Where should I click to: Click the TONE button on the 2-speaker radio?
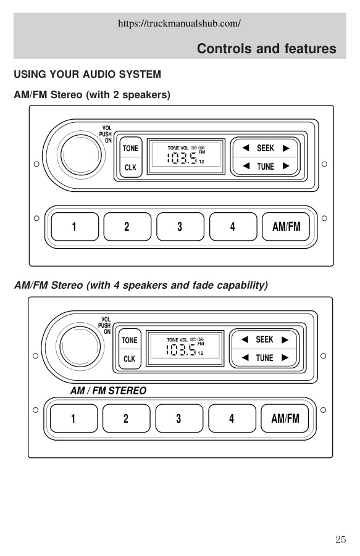(130, 148)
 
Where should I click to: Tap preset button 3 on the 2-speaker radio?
(180, 226)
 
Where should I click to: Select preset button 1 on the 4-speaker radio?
(73, 418)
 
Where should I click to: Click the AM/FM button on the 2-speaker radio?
(286, 226)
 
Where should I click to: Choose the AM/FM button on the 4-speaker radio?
(285, 418)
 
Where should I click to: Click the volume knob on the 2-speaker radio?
(81, 155)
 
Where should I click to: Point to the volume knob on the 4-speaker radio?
(80, 346)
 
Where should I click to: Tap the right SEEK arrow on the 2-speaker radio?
(286, 148)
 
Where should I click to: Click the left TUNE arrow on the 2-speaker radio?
(246, 166)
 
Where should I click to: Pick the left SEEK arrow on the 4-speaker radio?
(245, 339)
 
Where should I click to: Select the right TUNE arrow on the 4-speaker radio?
(285, 358)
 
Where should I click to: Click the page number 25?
(340, 539)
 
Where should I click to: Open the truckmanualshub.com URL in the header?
(179, 23)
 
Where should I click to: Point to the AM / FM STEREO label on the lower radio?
(108, 391)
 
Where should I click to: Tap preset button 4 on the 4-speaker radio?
(232, 418)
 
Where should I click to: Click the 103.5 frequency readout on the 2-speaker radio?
(182, 158)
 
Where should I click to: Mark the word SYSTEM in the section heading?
(140, 74)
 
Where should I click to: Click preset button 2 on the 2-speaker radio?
(127, 226)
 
